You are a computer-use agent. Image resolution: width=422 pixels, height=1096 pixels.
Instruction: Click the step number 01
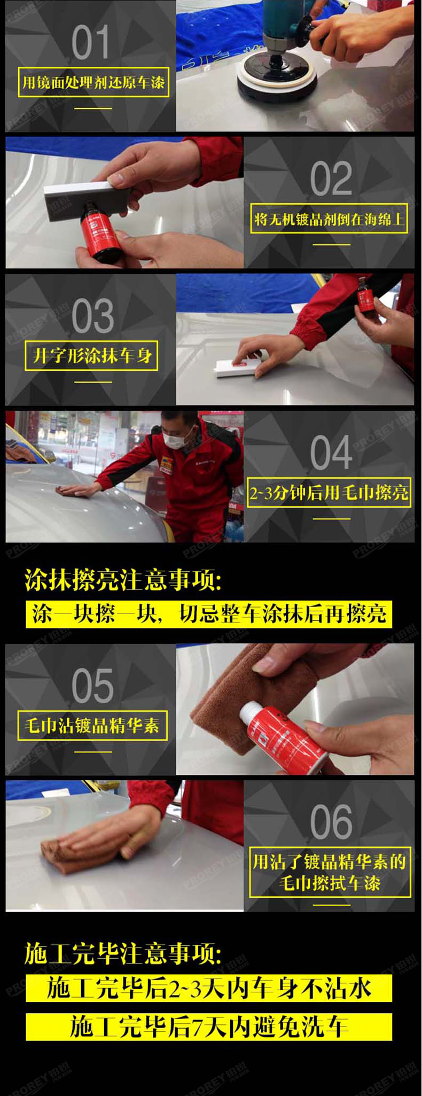(90, 42)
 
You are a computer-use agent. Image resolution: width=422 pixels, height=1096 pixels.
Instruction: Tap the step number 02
(331, 178)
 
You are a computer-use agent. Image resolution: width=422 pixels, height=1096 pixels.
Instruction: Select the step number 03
(92, 316)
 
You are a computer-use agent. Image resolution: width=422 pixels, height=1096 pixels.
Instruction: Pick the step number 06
(331, 822)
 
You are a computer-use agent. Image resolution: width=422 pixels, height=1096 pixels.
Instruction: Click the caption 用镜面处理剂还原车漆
(93, 82)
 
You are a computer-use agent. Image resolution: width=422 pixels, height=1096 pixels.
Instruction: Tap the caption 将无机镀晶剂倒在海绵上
(329, 219)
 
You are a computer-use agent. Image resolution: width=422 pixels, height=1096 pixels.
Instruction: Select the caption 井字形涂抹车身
(91, 356)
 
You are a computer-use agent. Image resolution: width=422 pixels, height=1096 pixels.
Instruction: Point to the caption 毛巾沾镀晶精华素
(92, 726)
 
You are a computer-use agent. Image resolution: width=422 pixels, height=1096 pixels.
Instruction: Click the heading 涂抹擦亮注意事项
(123, 580)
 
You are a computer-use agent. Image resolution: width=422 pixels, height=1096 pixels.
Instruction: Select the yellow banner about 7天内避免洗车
(209, 1027)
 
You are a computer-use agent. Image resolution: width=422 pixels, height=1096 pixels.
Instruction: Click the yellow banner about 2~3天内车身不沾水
(209, 988)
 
